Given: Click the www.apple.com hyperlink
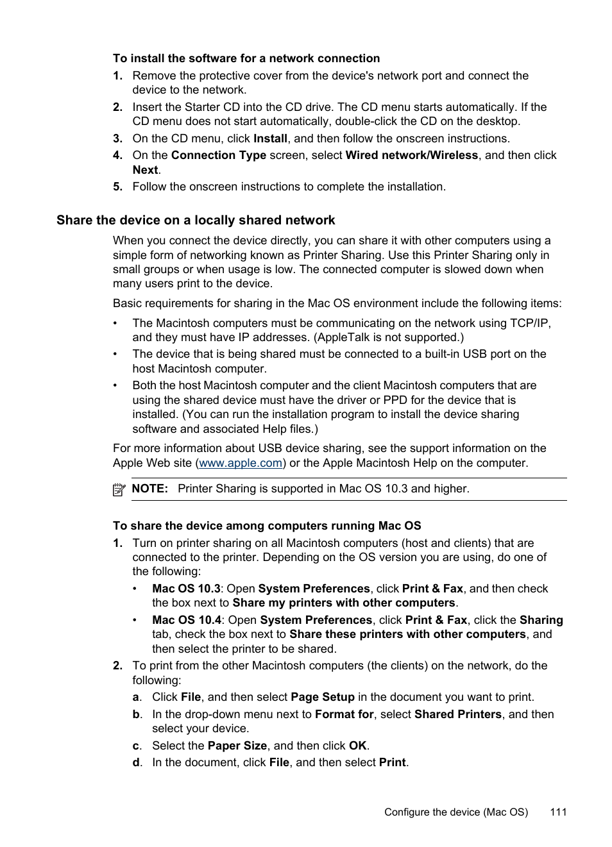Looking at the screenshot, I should point(241,463).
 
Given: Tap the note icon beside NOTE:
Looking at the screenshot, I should point(119,490).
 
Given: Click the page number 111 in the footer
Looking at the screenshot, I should point(558,812).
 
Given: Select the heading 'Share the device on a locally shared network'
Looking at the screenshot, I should point(196,221).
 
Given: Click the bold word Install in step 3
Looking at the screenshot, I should point(270,138).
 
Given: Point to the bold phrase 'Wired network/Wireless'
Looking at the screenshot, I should point(411,155).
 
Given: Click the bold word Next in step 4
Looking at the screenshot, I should point(145,170).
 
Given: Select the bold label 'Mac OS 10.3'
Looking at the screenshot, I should point(186,589).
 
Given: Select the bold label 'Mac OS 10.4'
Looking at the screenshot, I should point(187,620).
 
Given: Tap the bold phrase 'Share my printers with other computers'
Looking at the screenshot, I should point(344,603).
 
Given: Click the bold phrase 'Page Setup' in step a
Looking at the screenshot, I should point(323,697).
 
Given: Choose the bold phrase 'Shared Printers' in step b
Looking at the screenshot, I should point(458,714).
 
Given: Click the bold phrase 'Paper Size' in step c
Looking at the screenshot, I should point(237,746).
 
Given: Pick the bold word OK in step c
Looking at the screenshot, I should point(357,746).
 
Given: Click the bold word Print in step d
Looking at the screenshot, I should point(392,762).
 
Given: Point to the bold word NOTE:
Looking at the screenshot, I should point(149,489).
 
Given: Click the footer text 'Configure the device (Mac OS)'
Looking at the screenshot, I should point(456,812).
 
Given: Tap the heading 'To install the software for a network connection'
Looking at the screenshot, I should point(246,58).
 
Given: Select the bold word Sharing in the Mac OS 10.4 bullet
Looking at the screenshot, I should point(541,620).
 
